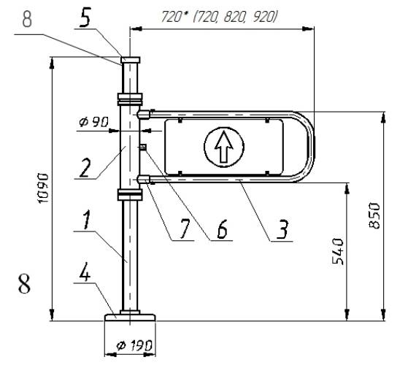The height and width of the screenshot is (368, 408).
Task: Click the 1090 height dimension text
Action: tap(43, 188)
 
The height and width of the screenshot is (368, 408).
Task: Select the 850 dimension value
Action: tap(375, 215)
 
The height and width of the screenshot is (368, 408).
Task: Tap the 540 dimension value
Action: tap(338, 251)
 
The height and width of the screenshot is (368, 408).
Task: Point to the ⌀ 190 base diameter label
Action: tap(134, 346)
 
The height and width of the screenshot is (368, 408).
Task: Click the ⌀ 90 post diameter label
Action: tap(93, 122)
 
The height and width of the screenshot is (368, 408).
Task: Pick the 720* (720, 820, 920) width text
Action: tap(218, 18)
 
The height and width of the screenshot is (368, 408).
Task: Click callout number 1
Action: tap(87, 219)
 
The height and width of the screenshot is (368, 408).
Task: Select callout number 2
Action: tap(85, 168)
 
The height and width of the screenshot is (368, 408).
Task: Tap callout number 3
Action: tap(282, 229)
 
